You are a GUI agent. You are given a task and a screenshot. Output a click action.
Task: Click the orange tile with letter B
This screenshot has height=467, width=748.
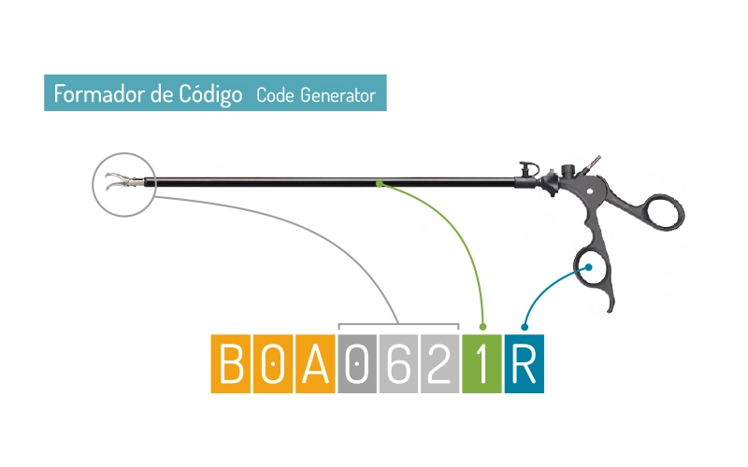(x=231, y=363)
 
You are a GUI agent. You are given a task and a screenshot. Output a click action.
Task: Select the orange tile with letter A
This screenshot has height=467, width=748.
(x=315, y=363)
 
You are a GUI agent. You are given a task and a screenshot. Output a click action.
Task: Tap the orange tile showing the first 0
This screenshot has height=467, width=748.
(x=273, y=363)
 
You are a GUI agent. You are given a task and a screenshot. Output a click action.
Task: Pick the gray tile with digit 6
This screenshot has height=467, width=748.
(x=399, y=363)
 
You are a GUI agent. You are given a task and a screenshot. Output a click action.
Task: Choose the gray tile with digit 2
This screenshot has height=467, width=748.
(x=440, y=363)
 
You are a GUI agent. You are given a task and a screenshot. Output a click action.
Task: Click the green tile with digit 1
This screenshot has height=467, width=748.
(x=482, y=363)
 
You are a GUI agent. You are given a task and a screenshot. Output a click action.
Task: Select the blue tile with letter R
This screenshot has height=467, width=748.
(x=525, y=363)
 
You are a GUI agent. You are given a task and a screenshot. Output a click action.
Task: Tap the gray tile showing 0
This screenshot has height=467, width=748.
(x=357, y=363)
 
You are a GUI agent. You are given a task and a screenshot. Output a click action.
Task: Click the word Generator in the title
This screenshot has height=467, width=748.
(x=338, y=94)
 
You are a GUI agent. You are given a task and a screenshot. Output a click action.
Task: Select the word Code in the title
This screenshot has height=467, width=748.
(x=274, y=94)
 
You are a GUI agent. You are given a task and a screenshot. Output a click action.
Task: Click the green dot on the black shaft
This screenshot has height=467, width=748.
(x=379, y=183)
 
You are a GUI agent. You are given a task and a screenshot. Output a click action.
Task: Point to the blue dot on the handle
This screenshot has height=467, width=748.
(x=590, y=268)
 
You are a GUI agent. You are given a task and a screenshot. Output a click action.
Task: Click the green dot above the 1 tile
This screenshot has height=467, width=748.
(x=482, y=327)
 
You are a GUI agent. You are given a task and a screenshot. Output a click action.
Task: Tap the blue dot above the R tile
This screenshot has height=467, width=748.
(x=525, y=327)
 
